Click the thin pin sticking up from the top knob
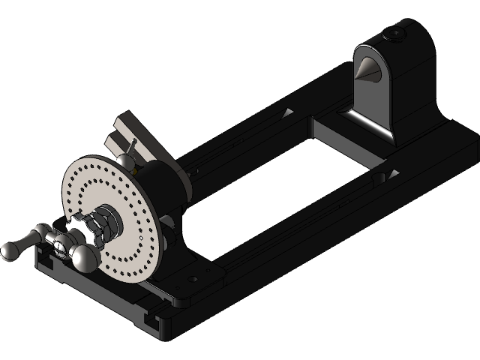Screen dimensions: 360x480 tap(132, 145)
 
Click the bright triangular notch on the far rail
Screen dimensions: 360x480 tap(287, 113)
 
